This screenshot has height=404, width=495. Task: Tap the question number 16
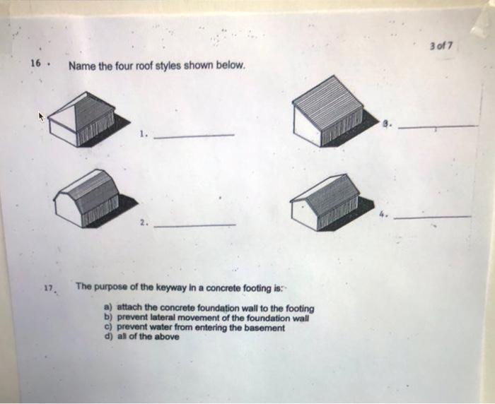pyautogui.click(x=34, y=64)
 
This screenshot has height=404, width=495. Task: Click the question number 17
pyautogui.click(x=47, y=288)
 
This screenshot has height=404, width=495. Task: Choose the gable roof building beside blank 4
pyautogui.click(x=327, y=202)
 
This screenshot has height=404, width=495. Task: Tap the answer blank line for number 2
pyautogui.click(x=194, y=225)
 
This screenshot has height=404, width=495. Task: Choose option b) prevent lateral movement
pyautogui.click(x=206, y=318)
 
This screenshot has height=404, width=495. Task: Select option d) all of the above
pyautogui.click(x=141, y=336)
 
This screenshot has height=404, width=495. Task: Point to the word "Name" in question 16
pyautogui.click(x=81, y=66)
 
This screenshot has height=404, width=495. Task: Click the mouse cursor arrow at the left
pyautogui.click(x=42, y=118)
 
